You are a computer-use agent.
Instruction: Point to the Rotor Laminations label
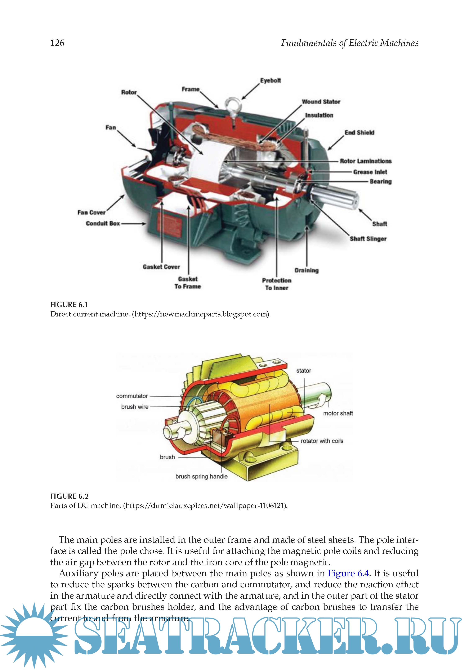click(x=365, y=161)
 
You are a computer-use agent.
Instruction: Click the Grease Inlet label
click(x=370, y=172)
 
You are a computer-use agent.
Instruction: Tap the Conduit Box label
click(x=103, y=223)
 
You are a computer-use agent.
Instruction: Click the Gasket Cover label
click(x=161, y=267)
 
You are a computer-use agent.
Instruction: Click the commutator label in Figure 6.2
click(x=132, y=396)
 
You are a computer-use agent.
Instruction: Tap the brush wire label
click(x=135, y=407)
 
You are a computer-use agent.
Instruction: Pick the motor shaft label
click(x=338, y=413)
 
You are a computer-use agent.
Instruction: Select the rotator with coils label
click(x=322, y=441)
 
